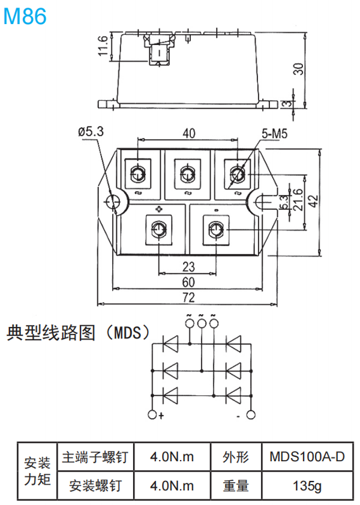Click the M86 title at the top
pos(25,16)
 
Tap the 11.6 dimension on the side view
pos(102,47)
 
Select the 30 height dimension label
pos(298,67)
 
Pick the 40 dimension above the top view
pos(188,134)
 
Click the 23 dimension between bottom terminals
pos(188,266)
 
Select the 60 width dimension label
pos(188,281)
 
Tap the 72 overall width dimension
pos(188,296)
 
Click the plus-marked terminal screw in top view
pos(160,229)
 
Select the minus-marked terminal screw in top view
pos(216,229)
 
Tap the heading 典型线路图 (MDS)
pos(78,333)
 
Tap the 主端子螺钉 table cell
pos(95,457)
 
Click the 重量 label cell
pos(235,485)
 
